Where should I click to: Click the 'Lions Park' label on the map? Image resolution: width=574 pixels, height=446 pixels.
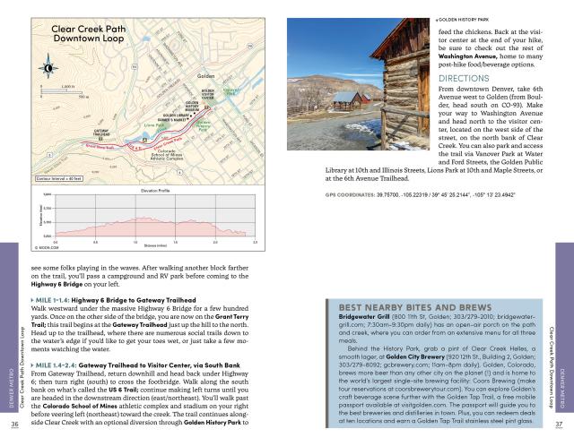coord(153,126)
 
